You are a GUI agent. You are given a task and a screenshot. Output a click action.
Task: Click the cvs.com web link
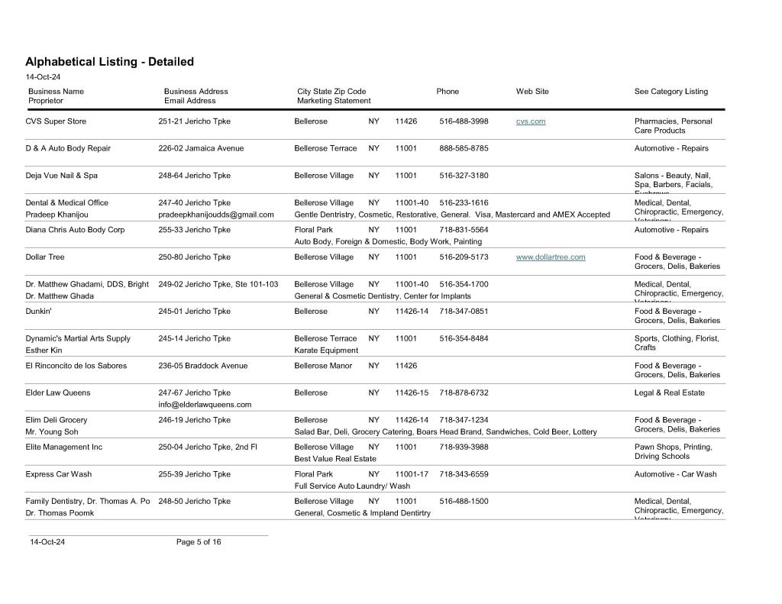[531, 121]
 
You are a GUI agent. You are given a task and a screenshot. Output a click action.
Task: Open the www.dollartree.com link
[551, 257]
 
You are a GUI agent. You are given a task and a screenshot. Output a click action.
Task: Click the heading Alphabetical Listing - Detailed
[109, 62]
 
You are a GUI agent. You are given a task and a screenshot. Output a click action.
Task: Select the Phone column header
[448, 92]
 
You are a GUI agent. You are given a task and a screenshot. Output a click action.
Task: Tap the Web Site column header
[532, 92]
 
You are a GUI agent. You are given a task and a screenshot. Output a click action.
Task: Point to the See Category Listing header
[671, 92]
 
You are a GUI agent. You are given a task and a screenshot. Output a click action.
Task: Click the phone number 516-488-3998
[464, 121]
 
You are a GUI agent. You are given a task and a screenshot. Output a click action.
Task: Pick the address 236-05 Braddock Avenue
[202, 366]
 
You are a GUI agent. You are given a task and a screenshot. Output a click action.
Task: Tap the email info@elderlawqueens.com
[205, 405]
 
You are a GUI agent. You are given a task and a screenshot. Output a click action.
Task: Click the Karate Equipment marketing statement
[326, 350]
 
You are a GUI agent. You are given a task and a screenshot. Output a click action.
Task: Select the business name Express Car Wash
[58, 474]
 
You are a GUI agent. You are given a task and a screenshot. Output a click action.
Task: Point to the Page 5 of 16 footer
[199, 542]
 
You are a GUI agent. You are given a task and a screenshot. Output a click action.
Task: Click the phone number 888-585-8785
[464, 148]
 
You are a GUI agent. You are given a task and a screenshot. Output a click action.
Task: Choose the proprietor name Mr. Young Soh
[52, 432]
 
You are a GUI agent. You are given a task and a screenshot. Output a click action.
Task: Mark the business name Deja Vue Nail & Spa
[61, 176]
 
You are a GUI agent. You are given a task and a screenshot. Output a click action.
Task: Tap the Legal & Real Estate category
[670, 393]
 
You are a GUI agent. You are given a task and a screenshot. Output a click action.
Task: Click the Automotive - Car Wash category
[675, 474]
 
